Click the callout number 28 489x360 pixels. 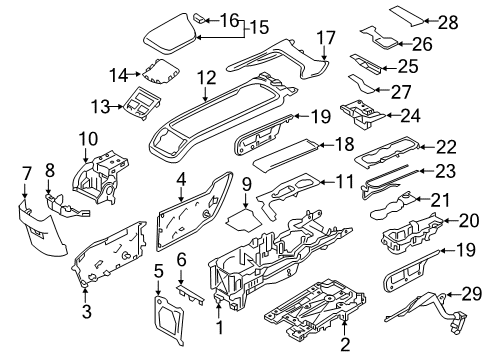pos(447,20)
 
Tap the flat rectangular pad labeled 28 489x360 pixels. pos(404,13)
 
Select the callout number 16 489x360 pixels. pos(228,19)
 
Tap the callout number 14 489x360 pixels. pos(119,73)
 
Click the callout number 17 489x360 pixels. pos(324,37)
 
